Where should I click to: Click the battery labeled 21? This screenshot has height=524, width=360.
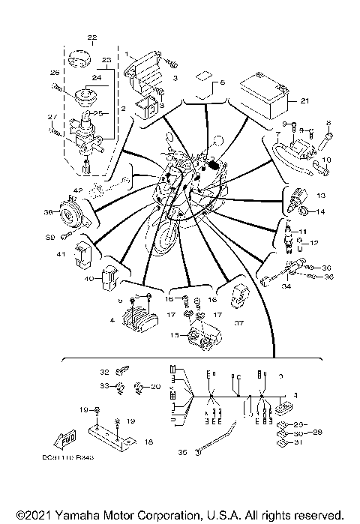(x=262, y=97)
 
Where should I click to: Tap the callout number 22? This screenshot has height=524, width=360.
(x=92, y=37)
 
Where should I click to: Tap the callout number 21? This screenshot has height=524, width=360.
(x=304, y=100)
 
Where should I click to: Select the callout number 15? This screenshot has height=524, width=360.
(x=173, y=334)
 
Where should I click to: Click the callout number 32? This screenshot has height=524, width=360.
(x=105, y=371)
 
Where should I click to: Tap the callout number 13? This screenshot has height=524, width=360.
(x=322, y=195)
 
